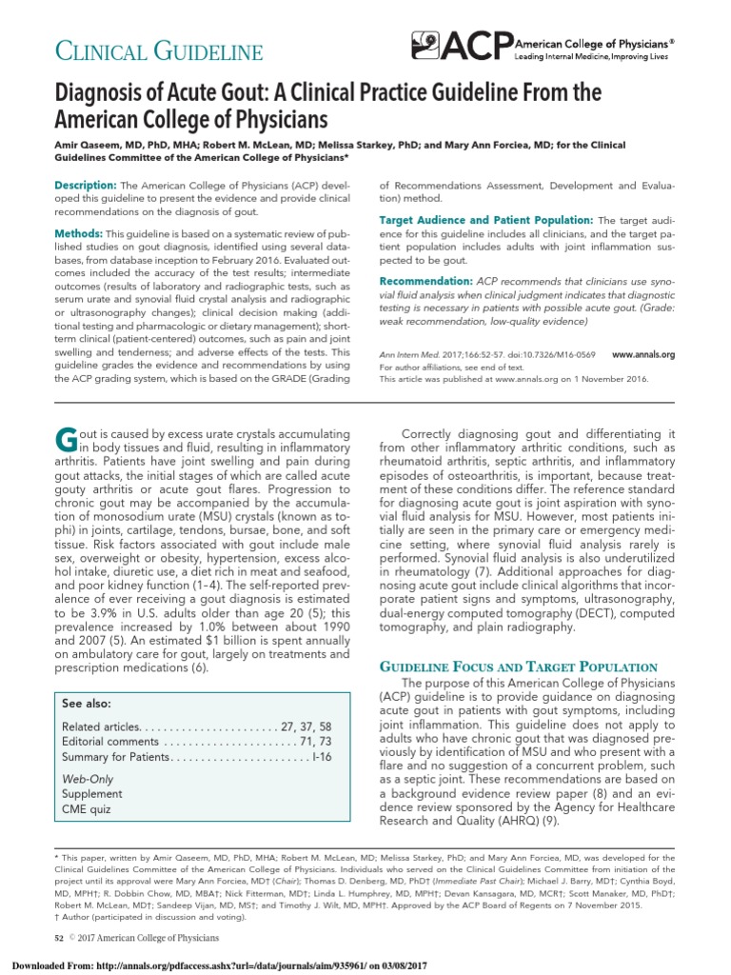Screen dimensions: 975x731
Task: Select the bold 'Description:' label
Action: click(x=86, y=184)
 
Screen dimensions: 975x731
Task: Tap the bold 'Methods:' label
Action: click(x=79, y=233)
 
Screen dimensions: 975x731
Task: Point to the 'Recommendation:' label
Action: click(x=425, y=282)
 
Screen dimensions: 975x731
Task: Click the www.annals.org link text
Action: click(x=643, y=355)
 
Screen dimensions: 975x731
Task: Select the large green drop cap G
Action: click(x=66, y=441)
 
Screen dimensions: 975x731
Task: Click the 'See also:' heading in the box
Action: click(x=86, y=704)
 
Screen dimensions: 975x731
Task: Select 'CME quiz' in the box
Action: click(x=87, y=809)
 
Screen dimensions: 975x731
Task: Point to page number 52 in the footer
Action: click(x=59, y=939)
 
